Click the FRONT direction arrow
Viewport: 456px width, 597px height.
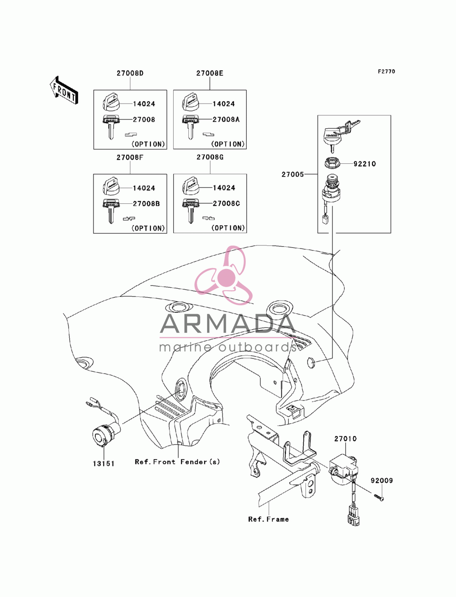click(x=64, y=90)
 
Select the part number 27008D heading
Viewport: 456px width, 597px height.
click(x=130, y=73)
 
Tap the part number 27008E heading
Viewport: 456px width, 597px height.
click(x=210, y=73)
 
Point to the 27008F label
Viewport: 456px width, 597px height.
click(x=130, y=157)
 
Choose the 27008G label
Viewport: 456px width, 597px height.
click(x=210, y=157)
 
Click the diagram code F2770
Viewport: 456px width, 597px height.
click(x=386, y=72)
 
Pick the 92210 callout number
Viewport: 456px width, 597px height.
click(x=364, y=164)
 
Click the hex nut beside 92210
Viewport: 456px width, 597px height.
click(x=331, y=163)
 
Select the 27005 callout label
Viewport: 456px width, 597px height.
click(x=292, y=174)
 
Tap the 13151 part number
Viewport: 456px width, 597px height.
click(x=104, y=463)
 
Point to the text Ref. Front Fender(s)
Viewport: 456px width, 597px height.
click(x=177, y=462)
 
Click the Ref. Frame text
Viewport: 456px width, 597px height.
click(x=269, y=519)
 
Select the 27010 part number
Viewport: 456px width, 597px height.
click(x=345, y=438)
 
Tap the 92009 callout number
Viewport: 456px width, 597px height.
click(x=382, y=480)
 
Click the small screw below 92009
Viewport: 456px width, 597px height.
click(x=378, y=498)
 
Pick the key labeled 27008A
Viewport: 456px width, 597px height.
click(x=190, y=127)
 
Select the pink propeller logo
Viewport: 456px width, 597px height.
click(x=223, y=275)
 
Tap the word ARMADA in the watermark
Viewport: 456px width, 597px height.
click(x=228, y=323)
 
